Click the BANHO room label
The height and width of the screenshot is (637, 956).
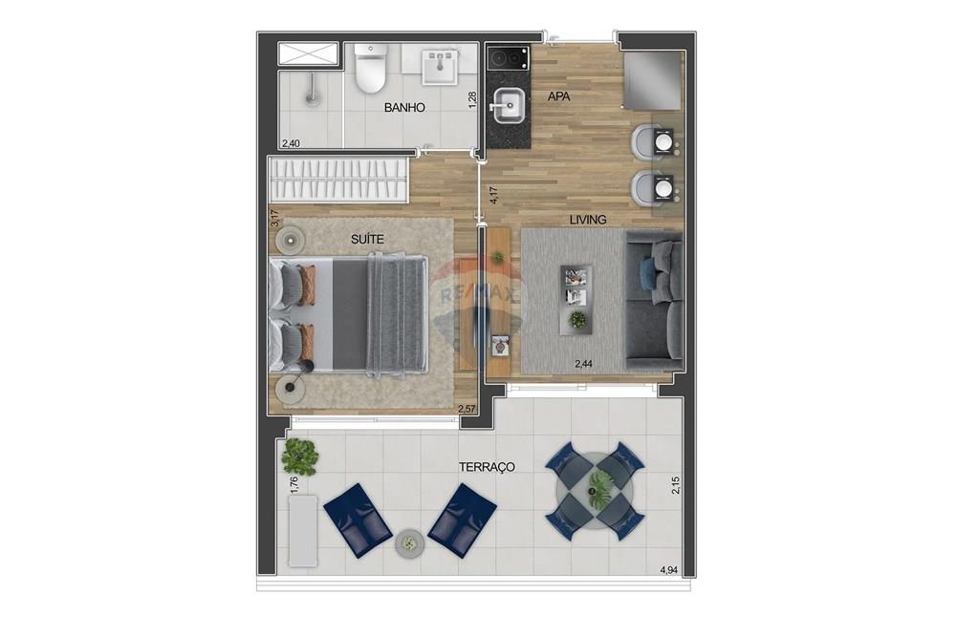(x=404, y=108)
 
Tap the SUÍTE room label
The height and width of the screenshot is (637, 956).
(x=367, y=240)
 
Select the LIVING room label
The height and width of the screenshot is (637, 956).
(x=588, y=220)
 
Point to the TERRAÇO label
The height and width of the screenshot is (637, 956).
(x=487, y=467)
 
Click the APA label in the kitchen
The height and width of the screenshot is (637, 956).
(x=559, y=96)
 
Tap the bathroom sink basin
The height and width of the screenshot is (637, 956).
(x=441, y=67)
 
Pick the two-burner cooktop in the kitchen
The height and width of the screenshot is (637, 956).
(x=509, y=58)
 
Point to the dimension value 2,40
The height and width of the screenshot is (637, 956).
(x=291, y=144)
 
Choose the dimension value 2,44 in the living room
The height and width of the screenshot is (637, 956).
(x=583, y=363)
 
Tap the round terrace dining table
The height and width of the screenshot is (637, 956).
(x=595, y=491)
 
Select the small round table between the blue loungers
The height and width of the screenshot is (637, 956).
(x=409, y=543)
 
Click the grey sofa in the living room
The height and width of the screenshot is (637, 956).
(x=655, y=304)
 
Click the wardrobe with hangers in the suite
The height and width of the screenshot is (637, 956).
(x=339, y=180)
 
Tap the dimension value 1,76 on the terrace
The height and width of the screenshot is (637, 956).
(x=293, y=484)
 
